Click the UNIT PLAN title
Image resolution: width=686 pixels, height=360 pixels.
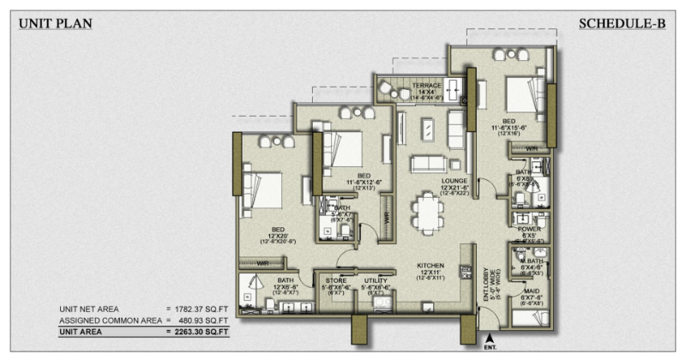tap(55, 24)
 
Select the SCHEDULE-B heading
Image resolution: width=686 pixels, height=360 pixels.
tap(622, 24)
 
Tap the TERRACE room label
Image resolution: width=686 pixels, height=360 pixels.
tap(425, 86)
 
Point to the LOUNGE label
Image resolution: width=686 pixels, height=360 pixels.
tap(454, 182)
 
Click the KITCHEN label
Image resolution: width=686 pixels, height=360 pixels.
tap(430, 266)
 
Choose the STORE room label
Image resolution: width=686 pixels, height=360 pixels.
tap(335, 280)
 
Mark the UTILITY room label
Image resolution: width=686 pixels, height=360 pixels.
tap(375, 280)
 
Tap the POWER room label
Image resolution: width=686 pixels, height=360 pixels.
tap(529, 229)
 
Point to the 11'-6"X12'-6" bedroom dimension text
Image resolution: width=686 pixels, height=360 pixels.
tap(352, 182)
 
